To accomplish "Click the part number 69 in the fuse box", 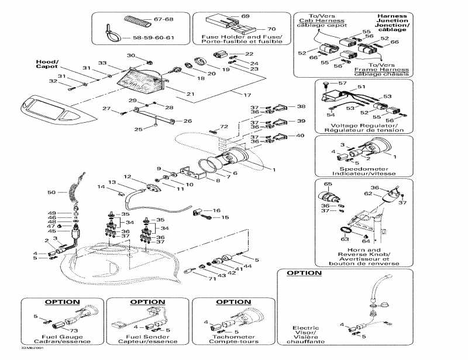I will click(x=245, y=16).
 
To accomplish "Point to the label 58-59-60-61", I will click(x=154, y=37).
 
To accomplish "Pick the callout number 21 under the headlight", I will click(x=190, y=94).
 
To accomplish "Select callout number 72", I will click(x=223, y=126).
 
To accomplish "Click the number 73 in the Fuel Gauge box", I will click(x=74, y=330).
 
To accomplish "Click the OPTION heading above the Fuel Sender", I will click(x=147, y=302).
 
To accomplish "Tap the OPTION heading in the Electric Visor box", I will click(x=304, y=273).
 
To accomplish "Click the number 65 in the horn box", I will click(x=328, y=184).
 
